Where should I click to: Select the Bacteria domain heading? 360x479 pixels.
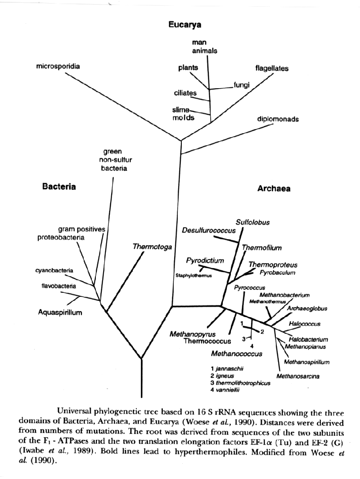pos(58,187)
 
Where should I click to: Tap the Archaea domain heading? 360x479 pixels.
pos(274,189)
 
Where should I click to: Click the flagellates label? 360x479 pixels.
pos(272,69)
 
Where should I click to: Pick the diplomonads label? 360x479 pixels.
pos(278,120)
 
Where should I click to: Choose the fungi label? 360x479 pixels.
pos(242,85)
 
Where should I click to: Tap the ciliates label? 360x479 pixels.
pos(185,93)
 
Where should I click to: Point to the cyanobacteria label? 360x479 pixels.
pos(54,270)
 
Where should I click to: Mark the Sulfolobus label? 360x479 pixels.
pos(250,222)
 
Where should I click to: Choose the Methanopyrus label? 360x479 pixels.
pos(193,334)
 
